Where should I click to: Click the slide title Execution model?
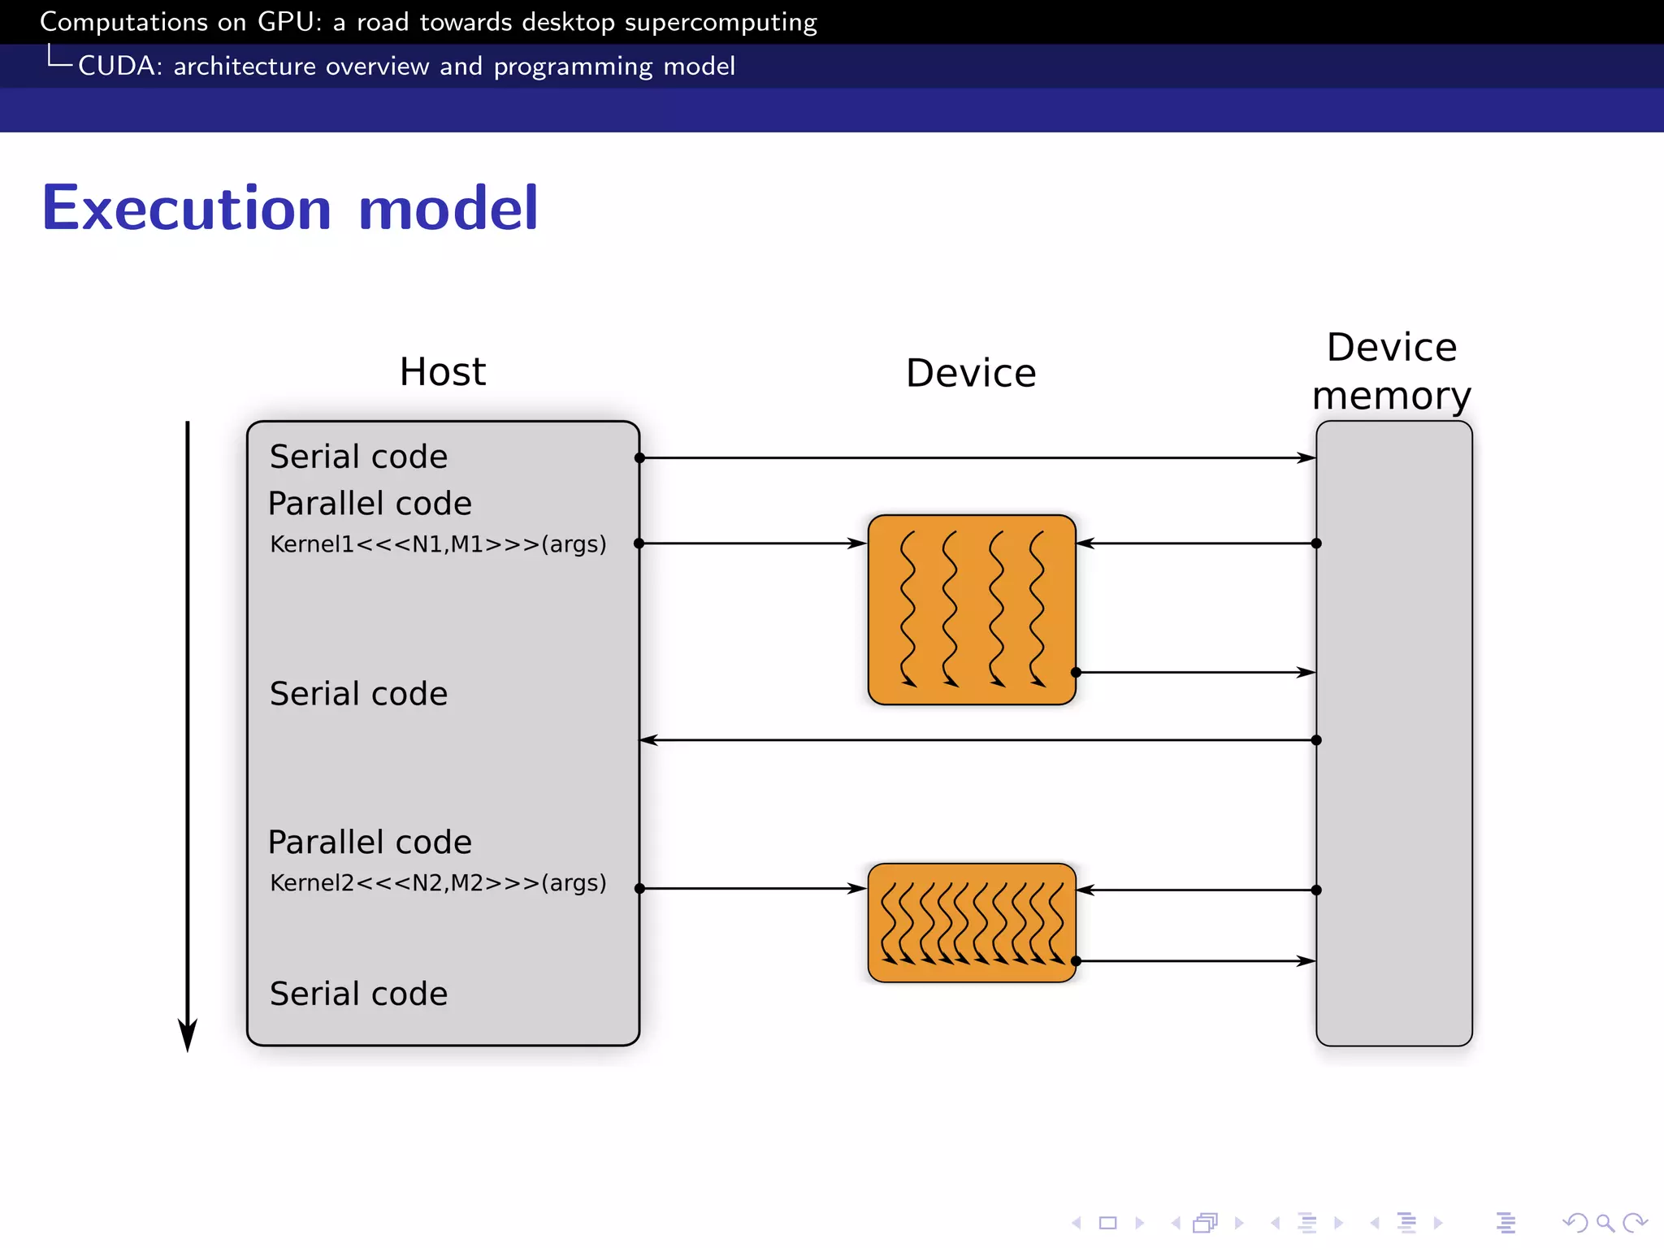tap(290, 208)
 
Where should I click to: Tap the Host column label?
tap(442, 372)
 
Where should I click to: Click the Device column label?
tap(971, 374)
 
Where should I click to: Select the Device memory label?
tap(1392, 371)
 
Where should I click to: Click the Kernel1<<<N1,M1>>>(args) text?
tap(438, 544)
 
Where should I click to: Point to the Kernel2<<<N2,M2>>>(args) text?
tap(438, 882)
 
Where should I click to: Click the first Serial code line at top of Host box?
tap(358, 457)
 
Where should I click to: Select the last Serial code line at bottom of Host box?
tap(358, 994)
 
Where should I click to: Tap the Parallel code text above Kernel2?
tap(370, 843)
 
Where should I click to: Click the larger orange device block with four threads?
tap(972, 609)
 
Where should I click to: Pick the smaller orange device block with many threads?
tap(972, 922)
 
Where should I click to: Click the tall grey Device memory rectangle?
tap(1394, 812)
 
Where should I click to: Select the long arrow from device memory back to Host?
tap(975, 740)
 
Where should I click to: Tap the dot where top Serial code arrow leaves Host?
tap(639, 458)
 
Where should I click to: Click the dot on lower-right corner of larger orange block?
tap(1076, 672)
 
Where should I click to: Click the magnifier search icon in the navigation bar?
tap(1605, 1223)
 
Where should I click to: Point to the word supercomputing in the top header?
tap(720, 22)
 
